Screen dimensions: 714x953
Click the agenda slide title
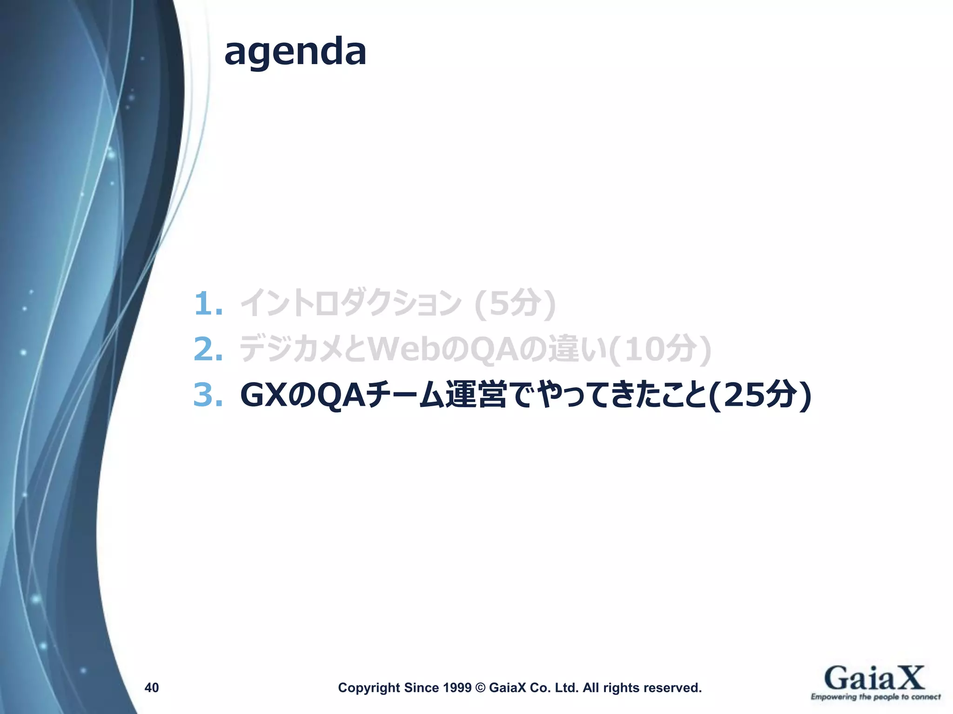[x=295, y=52]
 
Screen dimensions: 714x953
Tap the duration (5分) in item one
[x=515, y=304]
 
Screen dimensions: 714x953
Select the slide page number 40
[x=152, y=688]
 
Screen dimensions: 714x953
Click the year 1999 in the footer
[x=457, y=688]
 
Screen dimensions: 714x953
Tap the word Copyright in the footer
[x=369, y=688]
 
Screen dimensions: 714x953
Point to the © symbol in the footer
[x=480, y=688]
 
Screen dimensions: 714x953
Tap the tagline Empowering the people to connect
[x=875, y=696]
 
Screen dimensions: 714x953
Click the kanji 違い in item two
[x=577, y=349]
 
